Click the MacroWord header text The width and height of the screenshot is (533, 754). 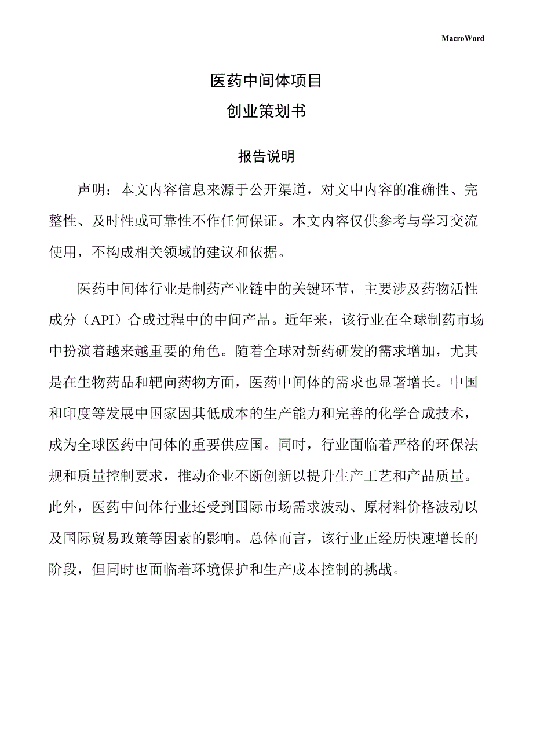(463, 38)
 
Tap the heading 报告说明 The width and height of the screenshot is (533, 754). (266, 156)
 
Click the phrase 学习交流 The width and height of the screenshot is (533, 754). (449, 221)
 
